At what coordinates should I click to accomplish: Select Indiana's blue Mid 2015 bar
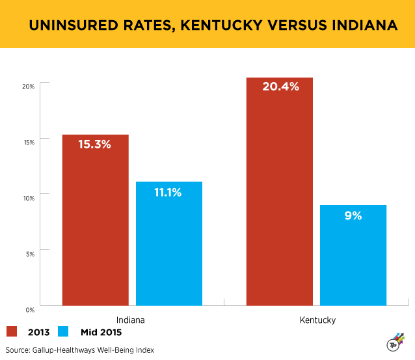coord(168,243)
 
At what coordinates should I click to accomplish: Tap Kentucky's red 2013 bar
coord(280,191)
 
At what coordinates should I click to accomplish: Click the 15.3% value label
coord(95,145)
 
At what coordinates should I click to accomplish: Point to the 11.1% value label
coord(168,192)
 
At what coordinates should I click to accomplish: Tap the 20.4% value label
coord(280,87)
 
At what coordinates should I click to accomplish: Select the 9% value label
coord(353,215)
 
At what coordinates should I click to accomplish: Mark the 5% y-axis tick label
coord(30,253)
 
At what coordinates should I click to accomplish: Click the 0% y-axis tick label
coord(30,308)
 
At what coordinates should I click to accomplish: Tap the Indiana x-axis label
coord(131,320)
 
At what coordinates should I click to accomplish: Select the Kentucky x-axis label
coord(317,320)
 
